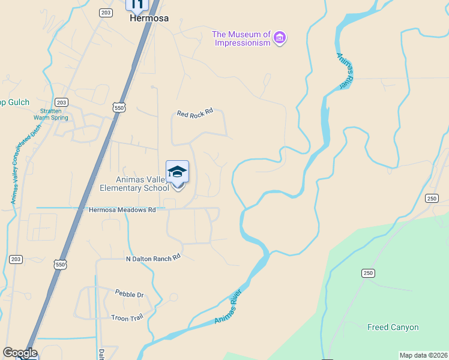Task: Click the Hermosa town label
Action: pyautogui.click(x=149, y=18)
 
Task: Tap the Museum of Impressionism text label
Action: pyautogui.click(x=242, y=38)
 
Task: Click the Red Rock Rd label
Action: pyautogui.click(x=195, y=113)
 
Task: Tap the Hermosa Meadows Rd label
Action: pyautogui.click(x=122, y=209)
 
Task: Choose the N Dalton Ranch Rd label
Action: pyautogui.click(x=153, y=258)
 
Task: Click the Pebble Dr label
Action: pyautogui.click(x=129, y=294)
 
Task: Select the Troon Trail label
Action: pyautogui.click(x=127, y=317)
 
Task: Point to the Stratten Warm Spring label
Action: pyautogui.click(x=50, y=114)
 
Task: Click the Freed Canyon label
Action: pyautogui.click(x=393, y=327)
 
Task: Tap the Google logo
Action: pyautogui.click(x=20, y=353)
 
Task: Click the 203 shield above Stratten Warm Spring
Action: pyautogui.click(x=61, y=102)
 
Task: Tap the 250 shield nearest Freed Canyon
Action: pyautogui.click(x=367, y=273)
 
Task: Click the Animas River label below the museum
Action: pyautogui.click(x=344, y=70)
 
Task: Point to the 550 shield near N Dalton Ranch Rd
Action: pyautogui.click(x=59, y=264)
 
